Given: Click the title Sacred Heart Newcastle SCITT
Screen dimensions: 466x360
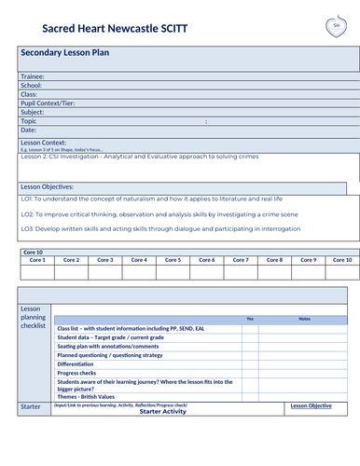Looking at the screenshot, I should pos(101,29).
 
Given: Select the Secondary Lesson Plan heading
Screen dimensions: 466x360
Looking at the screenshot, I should pos(65,54).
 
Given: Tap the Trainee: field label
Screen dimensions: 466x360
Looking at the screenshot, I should pos(33,76).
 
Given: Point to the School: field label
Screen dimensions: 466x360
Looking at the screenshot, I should pos(31,85).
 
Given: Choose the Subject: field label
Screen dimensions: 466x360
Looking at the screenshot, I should pos(33,112).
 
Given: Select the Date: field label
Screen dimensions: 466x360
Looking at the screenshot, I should pos(29,130).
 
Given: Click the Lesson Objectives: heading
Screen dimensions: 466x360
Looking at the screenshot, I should pos(47,187).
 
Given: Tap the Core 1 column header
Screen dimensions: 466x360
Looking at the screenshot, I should pos(38,260).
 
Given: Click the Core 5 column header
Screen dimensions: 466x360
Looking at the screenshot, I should pos(173,260).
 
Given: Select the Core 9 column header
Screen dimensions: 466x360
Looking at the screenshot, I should pos(308,260).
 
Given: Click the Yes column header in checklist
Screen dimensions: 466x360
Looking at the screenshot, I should pos(249,319).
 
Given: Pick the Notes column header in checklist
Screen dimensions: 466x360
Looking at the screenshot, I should pos(304,319).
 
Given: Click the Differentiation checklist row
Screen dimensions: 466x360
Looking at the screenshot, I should pos(82,364).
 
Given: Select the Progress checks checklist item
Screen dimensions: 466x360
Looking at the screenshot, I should pos(82,374).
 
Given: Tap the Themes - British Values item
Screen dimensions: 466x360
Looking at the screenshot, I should pos(91,398).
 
